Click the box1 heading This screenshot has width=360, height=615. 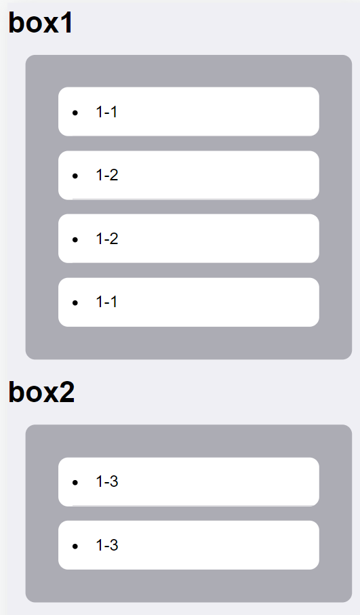click(41, 23)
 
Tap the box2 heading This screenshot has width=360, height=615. click(41, 392)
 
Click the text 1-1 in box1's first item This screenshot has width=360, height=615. click(106, 112)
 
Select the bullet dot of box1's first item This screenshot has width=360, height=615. click(75, 113)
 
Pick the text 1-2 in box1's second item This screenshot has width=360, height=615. click(107, 175)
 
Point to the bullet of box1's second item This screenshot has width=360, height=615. click(75, 176)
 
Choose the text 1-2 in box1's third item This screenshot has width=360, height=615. click(107, 239)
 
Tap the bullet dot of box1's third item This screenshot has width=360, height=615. click(75, 239)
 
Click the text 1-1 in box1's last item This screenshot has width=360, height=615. click(106, 302)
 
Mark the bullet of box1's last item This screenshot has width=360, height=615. click(75, 303)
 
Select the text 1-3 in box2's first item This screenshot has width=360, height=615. click(107, 481)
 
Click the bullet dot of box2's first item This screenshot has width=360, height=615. click(75, 482)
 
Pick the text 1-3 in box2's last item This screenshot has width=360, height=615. click(107, 545)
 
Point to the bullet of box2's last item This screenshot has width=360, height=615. click(75, 546)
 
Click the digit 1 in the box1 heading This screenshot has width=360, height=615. click(66, 23)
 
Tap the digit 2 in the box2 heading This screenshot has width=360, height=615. click(67, 392)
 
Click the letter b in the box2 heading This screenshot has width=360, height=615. click(16, 392)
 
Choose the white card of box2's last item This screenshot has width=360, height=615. click(188, 545)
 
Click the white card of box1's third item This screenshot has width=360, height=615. click(188, 239)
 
